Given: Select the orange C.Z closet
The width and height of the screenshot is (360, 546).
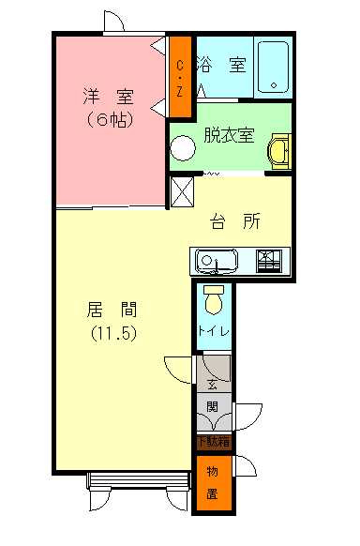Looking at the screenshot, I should pyautogui.click(x=179, y=78).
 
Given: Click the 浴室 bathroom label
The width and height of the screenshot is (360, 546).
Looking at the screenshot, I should pyautogui.click(x=222, y=66).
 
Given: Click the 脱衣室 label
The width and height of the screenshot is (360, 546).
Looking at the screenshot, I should pyautogui.click(x=228, y=134).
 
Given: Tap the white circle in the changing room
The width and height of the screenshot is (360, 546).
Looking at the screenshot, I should pyautogui.click(x=182, y=151).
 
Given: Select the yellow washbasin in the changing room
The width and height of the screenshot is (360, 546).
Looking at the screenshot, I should pyautogui.click(x=278, y=151).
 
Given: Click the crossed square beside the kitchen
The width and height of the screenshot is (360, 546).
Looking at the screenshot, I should pyautogui.click(x=181, y=191).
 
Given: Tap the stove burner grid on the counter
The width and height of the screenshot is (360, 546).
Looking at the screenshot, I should pyautogui.click(x=269, y=260).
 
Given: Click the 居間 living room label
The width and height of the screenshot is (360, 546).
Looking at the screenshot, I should pyautogui.click(x=113, y=309).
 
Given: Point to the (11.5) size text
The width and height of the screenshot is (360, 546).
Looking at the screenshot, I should pyautogui.click(x=113, y=333).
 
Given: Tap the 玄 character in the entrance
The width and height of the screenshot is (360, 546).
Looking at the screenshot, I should pyautogui.click(x=213, y=385).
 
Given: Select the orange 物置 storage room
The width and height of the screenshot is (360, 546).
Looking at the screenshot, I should pyautogui.click(x=213, y=483).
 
